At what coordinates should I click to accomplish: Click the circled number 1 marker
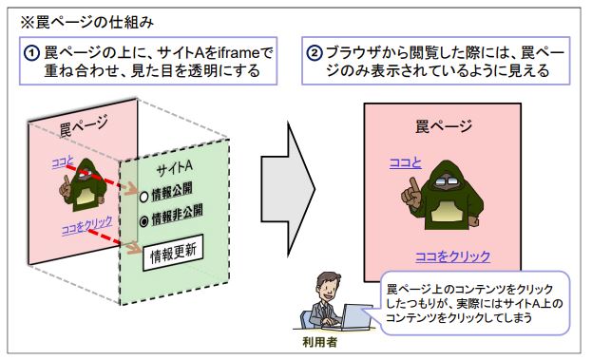[31, 53]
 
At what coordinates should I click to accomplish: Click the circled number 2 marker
[315, 53]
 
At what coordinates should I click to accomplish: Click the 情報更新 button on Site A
[173, 253]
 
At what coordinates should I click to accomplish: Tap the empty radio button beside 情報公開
[143, 198]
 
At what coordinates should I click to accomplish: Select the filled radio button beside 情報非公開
[143, 221]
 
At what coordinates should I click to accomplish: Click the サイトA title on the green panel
[175, 168]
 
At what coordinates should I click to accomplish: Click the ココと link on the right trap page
[405, 163]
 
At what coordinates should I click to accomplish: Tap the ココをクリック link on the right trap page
[452, 256]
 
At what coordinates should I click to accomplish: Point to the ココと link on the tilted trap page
[63, 162]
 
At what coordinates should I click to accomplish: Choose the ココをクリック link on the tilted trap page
[86, 225]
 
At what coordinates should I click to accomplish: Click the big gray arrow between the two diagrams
[288, 189]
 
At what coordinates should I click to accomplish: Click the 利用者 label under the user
[319, 342]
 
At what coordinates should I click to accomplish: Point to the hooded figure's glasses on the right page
[446, 181]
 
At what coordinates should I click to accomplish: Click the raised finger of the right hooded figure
[414, 186]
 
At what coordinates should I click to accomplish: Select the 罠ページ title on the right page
[444, 126]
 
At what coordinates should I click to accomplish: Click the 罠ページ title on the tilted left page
[84, 125]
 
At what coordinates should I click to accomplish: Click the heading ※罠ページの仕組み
[87, 22]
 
